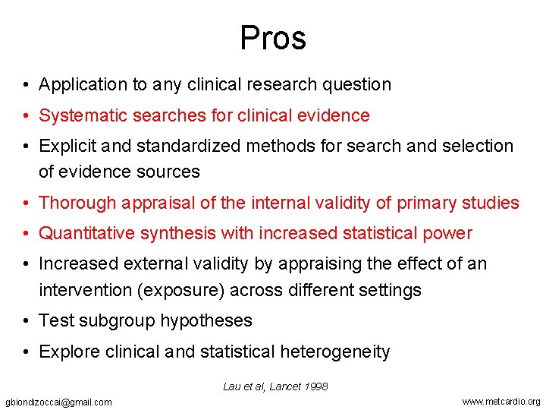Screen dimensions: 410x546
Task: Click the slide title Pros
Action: click(x=273, y=37)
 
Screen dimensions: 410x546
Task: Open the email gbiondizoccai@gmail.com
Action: click(x=58, y=402)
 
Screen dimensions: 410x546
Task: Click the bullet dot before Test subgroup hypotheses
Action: click(x=27, y=321)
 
